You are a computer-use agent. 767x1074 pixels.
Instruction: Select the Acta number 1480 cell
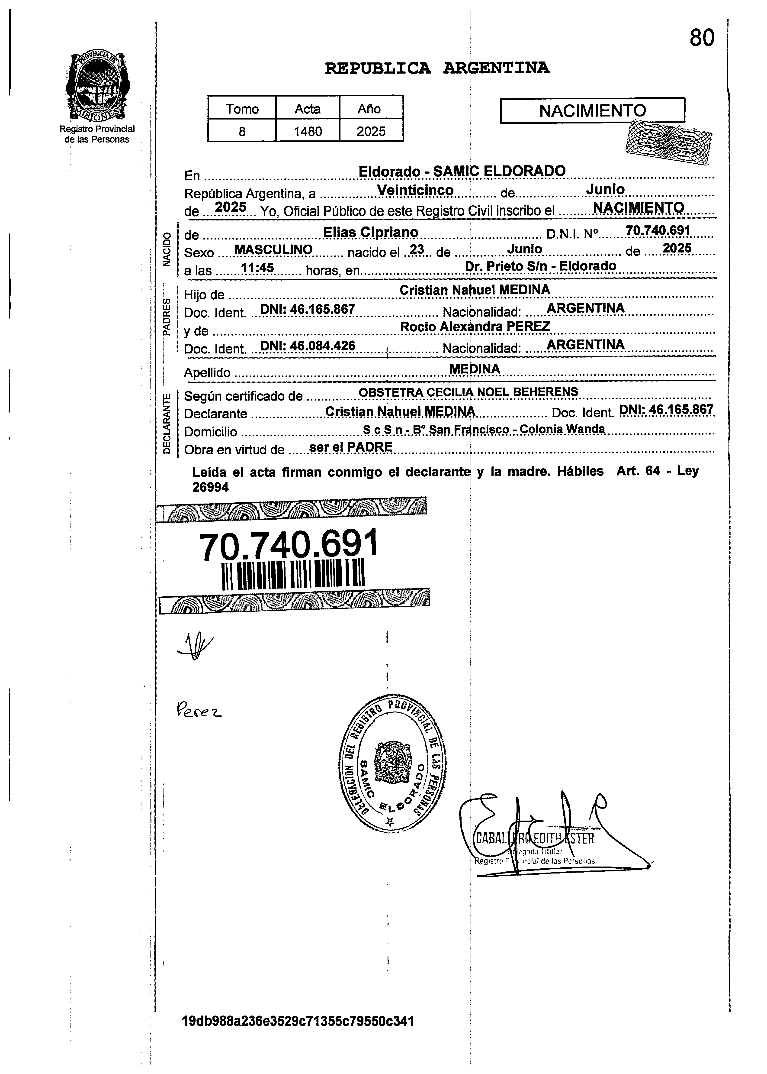(x=308, y=131)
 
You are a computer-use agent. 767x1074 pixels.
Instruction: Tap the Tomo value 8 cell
(x=242, y=131)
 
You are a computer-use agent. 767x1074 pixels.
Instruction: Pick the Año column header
(x=371, y=109)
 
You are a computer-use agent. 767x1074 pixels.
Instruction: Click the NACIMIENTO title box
(x=592, y=110)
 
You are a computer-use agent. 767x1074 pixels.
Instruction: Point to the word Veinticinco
(x=416, y=190)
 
